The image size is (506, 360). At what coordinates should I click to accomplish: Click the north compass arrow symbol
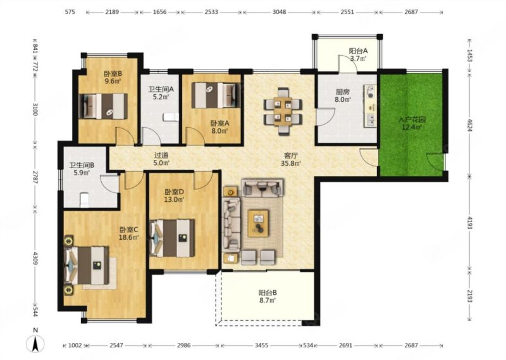tap(35, 343)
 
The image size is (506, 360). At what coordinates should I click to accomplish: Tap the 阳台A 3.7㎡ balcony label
tap(358, 54)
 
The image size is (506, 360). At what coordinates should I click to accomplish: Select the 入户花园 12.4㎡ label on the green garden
tap(412, 123)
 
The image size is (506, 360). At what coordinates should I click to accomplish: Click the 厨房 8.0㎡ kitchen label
tap(342, 96)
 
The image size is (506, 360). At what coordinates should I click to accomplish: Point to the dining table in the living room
tap(283, 111)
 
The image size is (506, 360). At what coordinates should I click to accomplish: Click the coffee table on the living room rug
tap(258, 223)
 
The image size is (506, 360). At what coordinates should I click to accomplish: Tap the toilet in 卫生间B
tap(84, 200)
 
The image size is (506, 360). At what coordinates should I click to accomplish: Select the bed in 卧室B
tap(103, 106)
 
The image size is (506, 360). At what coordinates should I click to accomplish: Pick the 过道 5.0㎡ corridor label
tap(161, 159)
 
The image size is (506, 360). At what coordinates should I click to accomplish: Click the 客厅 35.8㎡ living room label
tap(291, 159)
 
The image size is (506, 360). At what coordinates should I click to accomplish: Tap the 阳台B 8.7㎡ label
tap(267, 297)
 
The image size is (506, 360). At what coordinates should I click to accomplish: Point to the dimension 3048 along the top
tap(279, 12)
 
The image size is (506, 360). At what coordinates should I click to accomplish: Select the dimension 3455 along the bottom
tap(261, 345)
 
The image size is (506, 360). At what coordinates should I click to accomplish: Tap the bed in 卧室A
tap(216, 96)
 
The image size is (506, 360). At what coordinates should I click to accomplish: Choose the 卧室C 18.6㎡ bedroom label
tap(129, 233)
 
